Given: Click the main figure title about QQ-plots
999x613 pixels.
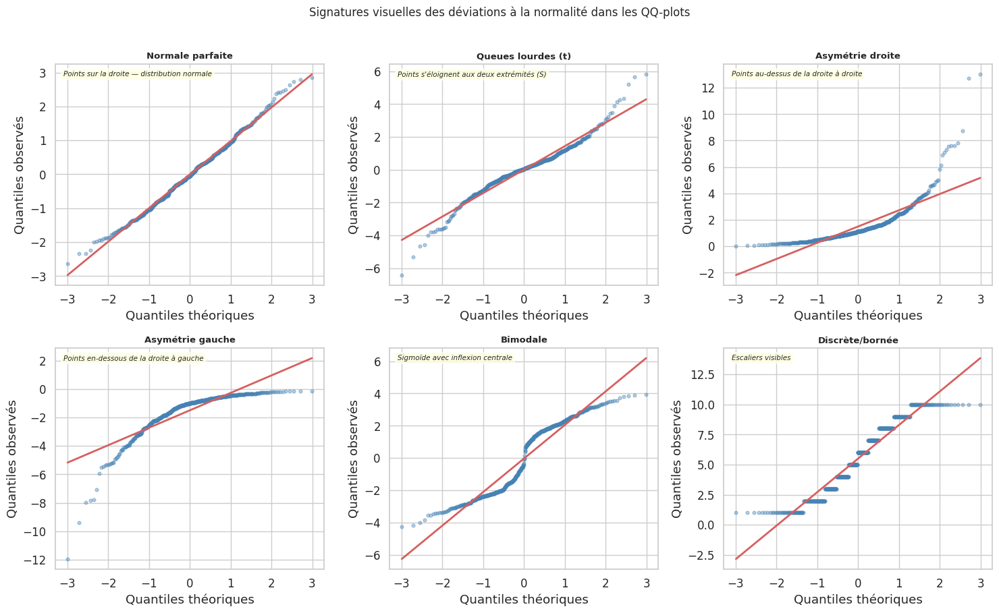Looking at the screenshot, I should (x=500, y=12).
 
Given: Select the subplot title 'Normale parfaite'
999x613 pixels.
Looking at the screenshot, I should (x=190, y=56).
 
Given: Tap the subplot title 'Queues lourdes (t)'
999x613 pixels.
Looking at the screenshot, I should (x=524, y=56).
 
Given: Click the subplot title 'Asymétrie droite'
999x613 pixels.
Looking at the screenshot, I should (x=858, y=56).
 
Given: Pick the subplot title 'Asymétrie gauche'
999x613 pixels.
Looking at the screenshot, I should (x=190, y=340).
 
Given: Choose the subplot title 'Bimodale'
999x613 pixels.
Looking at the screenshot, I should (x=524, y=340).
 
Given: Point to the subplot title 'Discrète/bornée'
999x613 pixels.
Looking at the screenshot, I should (x=858, y=341).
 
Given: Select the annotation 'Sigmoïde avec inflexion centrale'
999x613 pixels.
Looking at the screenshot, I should (x=455, y=358).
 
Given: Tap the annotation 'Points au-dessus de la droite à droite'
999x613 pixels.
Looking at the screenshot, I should (x=796, y=74).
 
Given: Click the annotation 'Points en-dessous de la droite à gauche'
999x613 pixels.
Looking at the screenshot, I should (x=133, y=359).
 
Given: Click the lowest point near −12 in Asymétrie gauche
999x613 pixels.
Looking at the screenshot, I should (x=67, y=559).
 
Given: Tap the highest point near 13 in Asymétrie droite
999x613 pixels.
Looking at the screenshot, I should (x=980, y=74).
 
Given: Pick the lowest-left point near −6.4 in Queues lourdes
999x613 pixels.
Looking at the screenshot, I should (x=402, y=275).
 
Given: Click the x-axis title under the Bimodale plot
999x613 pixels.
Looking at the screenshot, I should (x=524, y=600).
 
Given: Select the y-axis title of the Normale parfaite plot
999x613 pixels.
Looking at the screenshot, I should (x=19, y=175).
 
